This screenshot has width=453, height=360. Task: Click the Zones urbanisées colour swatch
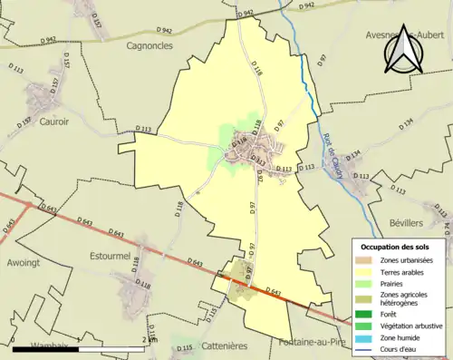368,260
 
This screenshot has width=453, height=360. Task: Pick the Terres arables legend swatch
368,271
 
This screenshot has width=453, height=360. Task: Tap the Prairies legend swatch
368,283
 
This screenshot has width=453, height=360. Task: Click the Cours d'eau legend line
368,347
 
